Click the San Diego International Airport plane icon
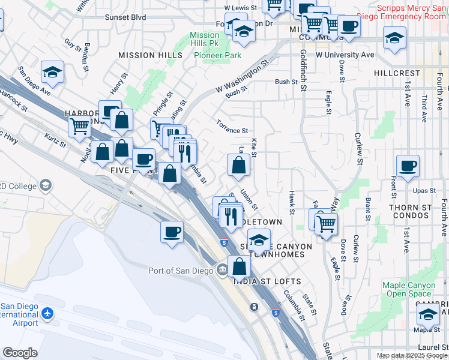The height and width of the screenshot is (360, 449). point(47,314)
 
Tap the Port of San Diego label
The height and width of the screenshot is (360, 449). point(181,271)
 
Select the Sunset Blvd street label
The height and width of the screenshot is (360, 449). point(125,17)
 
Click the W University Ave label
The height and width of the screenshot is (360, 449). point(345,55)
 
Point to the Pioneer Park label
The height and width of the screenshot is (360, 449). point(218,55)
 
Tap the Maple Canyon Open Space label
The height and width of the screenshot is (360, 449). point(409,289)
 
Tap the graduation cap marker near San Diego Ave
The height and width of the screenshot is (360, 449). point(53,73)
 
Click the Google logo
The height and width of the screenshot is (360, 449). point(20,353)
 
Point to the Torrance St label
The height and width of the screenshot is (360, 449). point(232,130)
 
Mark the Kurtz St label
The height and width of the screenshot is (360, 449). point(55,141)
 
